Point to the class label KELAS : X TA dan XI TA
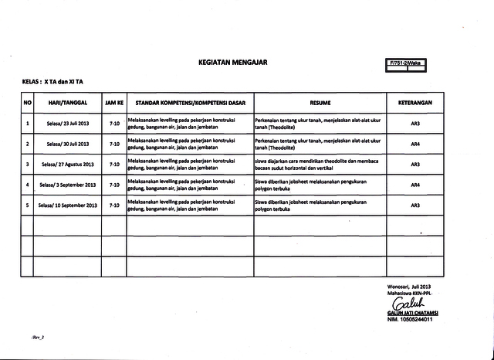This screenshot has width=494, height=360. coord(52,80)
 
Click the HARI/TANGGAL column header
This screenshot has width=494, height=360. coord(67,102)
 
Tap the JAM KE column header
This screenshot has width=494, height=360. coord(114,102)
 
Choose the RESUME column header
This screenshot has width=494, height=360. coord(320,102)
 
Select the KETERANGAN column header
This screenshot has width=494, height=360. coord(414,102)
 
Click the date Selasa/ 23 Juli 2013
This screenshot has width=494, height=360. coord(67,123)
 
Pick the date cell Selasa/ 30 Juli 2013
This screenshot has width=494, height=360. coord(67,144)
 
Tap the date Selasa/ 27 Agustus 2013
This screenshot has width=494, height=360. coord(67,165)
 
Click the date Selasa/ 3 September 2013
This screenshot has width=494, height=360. coord(67,185)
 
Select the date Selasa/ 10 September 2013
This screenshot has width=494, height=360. coord(67,205)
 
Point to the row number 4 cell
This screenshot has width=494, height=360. coord(27,185)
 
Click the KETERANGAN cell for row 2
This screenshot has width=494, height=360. coord(414,144)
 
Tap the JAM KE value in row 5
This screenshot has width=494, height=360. coord(114,205)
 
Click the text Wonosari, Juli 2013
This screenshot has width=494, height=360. coord(410,287)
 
